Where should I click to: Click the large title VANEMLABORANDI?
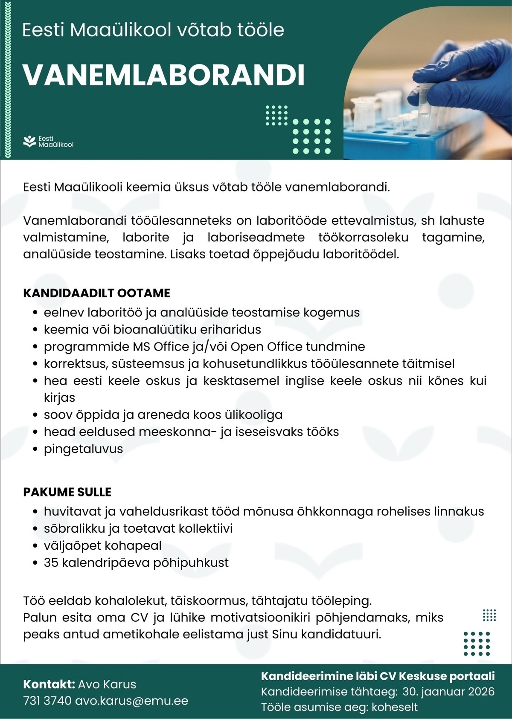click(x=163, y=75)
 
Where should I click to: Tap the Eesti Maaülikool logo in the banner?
click(x=48, y=142)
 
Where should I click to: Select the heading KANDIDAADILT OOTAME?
click(x=96, y=293)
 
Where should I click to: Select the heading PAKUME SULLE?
click(x=67, y=492)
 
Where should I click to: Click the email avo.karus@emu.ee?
click(x=131, y=701)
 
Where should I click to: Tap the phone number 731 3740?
click(x=47, y=701)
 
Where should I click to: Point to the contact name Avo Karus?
click(x=107, y=684)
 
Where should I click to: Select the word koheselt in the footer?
click(x=395, y=707)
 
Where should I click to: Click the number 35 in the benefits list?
click(x=51, y=562)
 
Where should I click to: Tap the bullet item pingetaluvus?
click(x=83, y=449)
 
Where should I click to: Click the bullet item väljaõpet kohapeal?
click(x=102, y=545)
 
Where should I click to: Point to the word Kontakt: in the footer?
click(x=49, y=684)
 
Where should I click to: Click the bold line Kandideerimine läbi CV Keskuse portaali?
click(x=378, y=676)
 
